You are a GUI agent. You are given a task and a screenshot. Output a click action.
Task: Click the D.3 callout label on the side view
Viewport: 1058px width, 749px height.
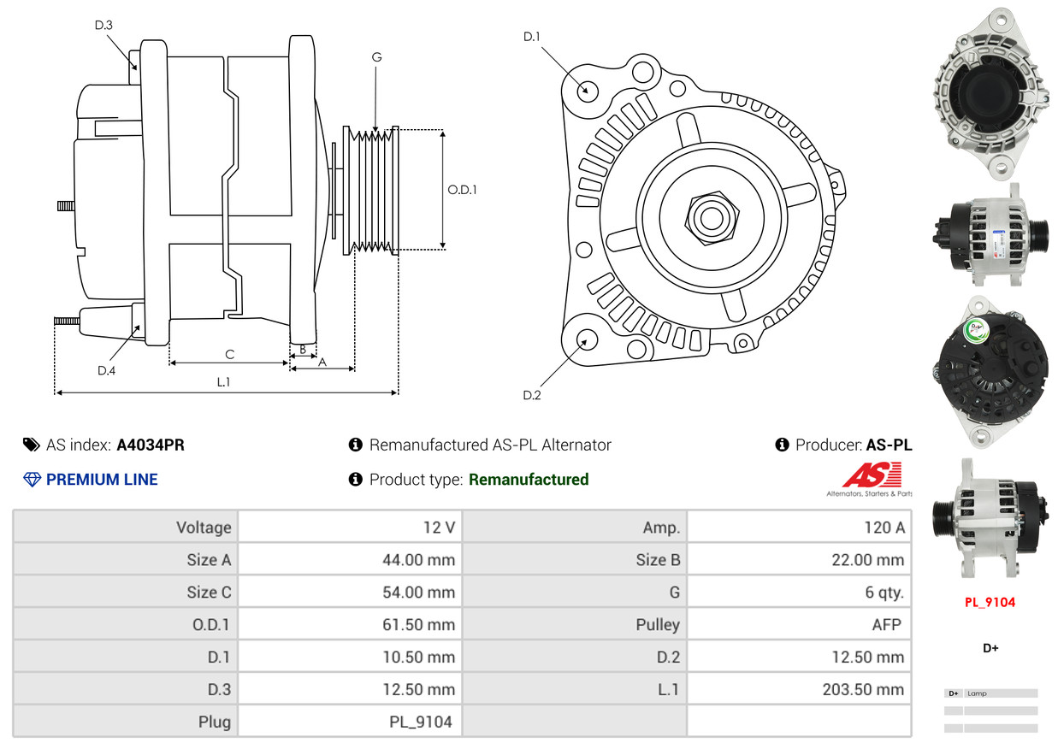click(103, 25)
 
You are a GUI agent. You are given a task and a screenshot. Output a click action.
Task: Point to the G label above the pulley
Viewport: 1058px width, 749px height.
click(376, 57)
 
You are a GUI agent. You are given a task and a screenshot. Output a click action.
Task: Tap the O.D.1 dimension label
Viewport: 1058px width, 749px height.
click(462, 190)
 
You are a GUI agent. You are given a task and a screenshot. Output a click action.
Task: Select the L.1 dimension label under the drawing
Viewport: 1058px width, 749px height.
click(222, 382)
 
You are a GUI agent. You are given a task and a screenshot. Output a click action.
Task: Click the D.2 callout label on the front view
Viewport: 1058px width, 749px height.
click(532, 395)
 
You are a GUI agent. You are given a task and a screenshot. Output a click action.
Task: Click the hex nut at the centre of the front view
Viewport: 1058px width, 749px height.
click(709, 217)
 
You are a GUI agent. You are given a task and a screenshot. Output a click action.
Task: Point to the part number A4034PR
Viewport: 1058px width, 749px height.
click(151, 445)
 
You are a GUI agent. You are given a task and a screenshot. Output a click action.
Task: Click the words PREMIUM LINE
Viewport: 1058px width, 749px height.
click(102, 480)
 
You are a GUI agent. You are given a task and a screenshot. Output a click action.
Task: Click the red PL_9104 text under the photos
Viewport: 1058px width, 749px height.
click(990, 602)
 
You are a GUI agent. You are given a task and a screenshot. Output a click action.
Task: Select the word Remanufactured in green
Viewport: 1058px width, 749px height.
click(529, 480)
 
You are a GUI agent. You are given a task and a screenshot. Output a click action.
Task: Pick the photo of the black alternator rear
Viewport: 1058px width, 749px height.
click(990, 370)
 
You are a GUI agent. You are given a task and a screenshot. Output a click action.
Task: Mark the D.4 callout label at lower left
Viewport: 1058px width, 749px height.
click(106, 370)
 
